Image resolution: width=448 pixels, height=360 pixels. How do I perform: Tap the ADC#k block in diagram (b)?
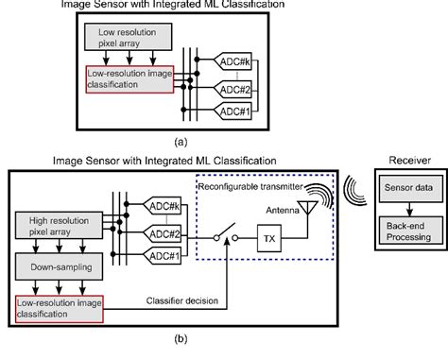click(165, 203)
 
